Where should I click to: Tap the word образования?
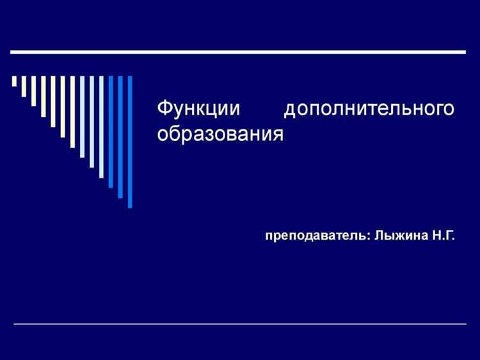[x=220, y=135]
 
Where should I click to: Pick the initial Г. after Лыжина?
[x=449, y=236]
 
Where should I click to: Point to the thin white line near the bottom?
[x=239, y=324]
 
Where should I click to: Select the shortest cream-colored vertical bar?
[x=14, y=81]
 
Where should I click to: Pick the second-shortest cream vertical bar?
[x=24, y=86]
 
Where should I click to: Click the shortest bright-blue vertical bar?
[x=111, y=132]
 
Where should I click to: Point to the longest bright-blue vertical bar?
[x=130, y=142]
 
